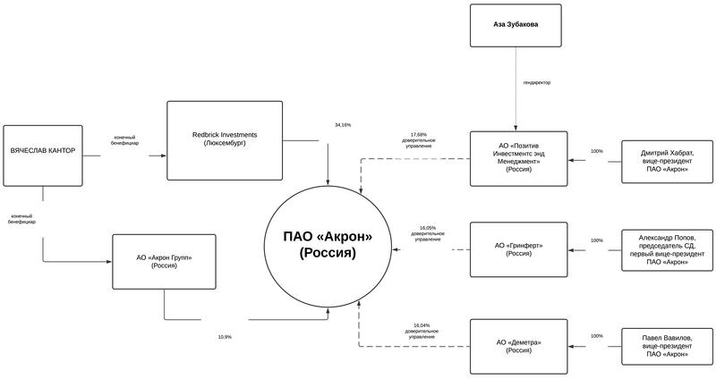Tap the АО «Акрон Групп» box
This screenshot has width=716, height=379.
click(164, 262)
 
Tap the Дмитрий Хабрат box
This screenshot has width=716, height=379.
click(668, 158)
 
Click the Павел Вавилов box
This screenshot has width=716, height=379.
click(668, 347)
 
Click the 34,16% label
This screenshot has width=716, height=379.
click(343, 124)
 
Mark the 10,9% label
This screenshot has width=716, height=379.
click(225, 337)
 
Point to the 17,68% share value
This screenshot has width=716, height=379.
click(419, 135)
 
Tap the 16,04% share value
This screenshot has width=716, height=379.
click(421, 325)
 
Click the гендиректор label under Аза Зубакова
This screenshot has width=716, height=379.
click(537, 82)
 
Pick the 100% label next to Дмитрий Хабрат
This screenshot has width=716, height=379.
click(597, 151)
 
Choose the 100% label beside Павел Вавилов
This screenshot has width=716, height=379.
click(597, 336)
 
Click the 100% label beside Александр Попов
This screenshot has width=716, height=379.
click(597, 241)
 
